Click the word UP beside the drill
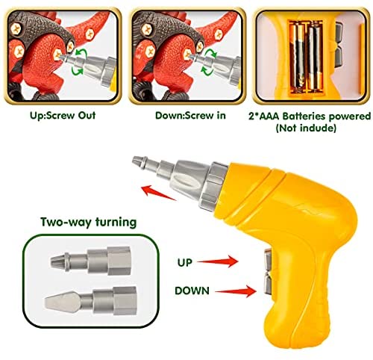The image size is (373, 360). pyautogui.click(x=185, y=262)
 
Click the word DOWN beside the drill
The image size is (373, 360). pyautogui.click(x=192, y=291)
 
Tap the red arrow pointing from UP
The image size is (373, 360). pyautogui.click(x=218, y=261)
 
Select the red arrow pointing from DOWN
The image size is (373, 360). pyautogui.click(x=235, y=291)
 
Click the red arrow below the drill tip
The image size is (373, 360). pyautogui.click(x=159, y=192)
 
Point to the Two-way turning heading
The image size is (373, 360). pyautogui.click(x=89, y=222)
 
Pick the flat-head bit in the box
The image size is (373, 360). pyautogui.click(x=91, y=300)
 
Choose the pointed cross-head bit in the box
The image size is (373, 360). pyautogui.click(x=91, y=261)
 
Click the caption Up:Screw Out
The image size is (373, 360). pyautogui.click(x=63, y=116)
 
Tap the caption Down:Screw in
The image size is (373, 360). pyautogui.click(x=190, y=116)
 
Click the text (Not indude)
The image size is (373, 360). pyautogui.click(x=306, y=128)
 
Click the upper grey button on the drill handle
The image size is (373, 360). pyautogui.click(x=269, y=260)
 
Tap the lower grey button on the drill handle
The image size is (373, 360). pyautogui.click(x=269, y=282)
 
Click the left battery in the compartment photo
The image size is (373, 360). pyautogui.click(x=298, y=57)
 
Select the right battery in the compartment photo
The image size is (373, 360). pyautogui.click(x=315, y=56)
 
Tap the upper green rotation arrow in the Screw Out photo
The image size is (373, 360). pyautogui.click(x=82, y=54)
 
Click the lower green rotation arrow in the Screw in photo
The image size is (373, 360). pyautogui.click(x=207, y=70)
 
